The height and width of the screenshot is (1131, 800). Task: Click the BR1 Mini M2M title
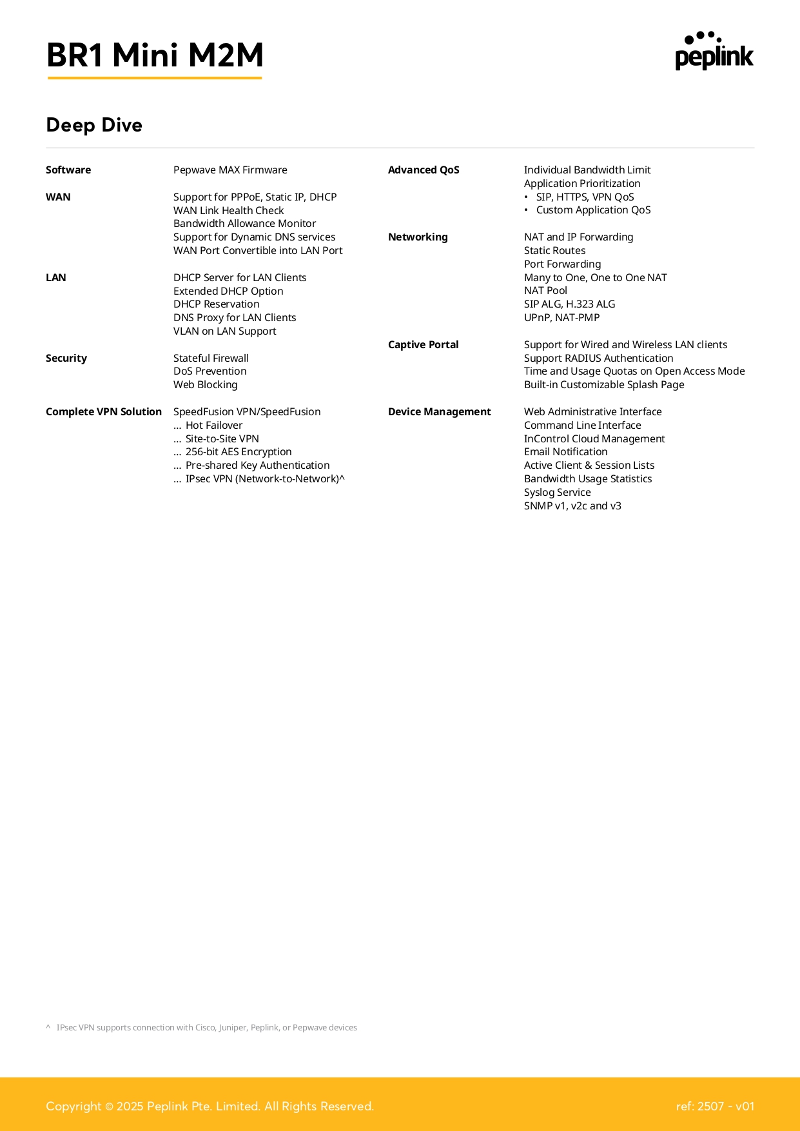(x=155, y=55)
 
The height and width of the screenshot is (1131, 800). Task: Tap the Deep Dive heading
(x=94, y=125)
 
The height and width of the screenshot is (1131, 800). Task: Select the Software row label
(x=68, y=170)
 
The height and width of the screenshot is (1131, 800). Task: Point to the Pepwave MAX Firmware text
(x=230, y=170)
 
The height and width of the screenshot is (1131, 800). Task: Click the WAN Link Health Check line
(x=228, y=210)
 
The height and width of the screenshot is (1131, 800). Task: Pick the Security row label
(x=66, y=359)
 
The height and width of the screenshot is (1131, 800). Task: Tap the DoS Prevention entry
(x=210, y=371)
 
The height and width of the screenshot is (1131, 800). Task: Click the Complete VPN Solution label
(x=104, y=412)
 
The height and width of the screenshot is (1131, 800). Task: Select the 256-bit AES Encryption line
(x=238, y=452)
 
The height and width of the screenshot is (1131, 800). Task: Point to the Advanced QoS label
(x=424, y=170)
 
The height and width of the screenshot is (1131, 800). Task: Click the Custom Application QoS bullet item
(x=593, y=210)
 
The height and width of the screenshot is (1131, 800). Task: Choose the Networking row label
(x=418, y=237)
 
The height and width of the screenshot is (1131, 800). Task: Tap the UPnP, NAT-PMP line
(x=561, y=318)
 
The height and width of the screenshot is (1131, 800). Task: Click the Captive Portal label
(x=423, y=345)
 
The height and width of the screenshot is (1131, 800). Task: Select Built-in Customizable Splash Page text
(x=604, y=385)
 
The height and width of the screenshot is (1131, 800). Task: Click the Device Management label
(x=439, y=412)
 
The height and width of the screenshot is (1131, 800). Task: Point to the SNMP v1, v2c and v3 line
(x=572, y=506)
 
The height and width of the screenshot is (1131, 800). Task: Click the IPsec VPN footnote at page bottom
(x=206, y=1028)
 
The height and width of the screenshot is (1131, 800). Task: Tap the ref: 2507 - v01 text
(x=715, y=1106)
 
